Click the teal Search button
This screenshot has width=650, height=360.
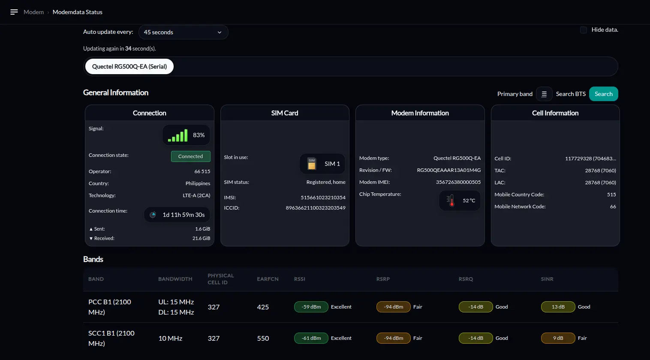[603, 94]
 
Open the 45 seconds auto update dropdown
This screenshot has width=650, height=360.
[184, 32]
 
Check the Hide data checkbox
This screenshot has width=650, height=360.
[583, 30]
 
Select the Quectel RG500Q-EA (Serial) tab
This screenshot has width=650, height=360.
[129, 66]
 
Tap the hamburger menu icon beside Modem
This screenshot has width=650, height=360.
[14, 12]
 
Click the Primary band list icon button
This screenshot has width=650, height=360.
[544, 94]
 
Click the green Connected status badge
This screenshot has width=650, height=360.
[191, 156]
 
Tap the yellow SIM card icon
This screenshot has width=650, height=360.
[312, 164]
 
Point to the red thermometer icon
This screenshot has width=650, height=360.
[451, 201]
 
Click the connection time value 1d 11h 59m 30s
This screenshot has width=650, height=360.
[184, 215]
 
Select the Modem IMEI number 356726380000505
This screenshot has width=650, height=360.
[458, 182]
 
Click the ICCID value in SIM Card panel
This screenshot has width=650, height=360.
[316, 208]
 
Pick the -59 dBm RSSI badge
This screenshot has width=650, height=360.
[311, 307]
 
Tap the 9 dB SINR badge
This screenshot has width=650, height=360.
[558, 338]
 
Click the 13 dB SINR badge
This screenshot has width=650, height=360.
[558, 307]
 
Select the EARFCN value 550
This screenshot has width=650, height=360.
[263, 338]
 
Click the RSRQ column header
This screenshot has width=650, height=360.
[466, 279]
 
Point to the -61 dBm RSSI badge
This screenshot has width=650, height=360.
[311, 338]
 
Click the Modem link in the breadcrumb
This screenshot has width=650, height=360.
[34, 12]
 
